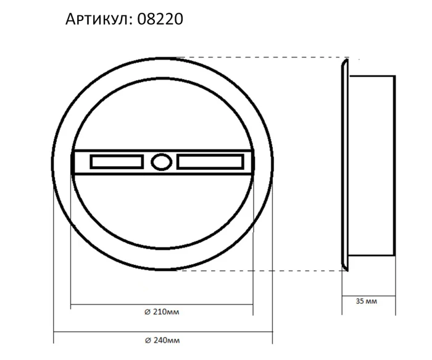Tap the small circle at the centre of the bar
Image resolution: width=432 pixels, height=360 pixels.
pos(161,162)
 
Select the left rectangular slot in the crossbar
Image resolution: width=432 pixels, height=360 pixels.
pos(117,162)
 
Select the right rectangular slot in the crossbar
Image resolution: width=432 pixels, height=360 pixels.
pos(210,162)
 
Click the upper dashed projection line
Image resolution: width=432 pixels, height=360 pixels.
pos(259,58)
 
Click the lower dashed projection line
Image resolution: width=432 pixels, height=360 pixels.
pos(259,270)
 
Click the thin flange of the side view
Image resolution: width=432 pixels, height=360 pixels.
pos(344,164)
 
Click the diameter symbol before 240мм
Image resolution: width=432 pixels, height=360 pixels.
pos(147,340)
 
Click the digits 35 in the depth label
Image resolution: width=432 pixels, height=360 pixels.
pos(360,302)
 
